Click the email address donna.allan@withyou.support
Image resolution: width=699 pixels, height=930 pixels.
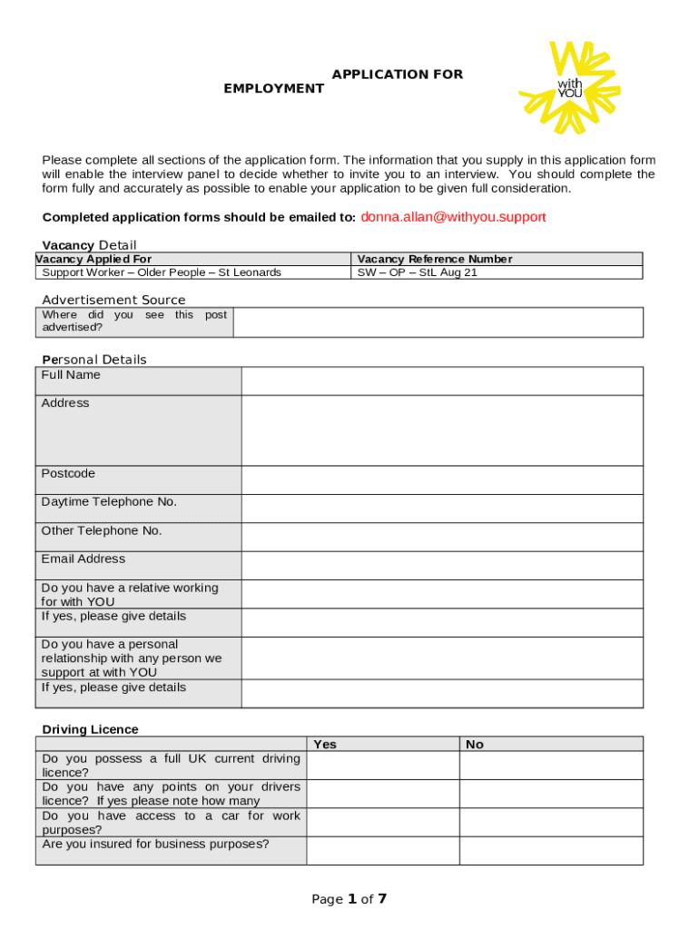pyautogui.click(x=453, y=217)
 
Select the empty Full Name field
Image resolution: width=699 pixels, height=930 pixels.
pyautogui.click(x=441, y=381)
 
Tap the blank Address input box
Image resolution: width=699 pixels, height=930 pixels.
pyautogui.click(x=441, y=430)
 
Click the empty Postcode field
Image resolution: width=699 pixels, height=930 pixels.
pyautogui.click(x=441, y=480)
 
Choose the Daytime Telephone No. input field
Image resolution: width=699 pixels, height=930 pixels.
pyautogui.click(x=441, y=508)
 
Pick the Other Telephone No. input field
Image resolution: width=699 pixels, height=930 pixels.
pyautogui.click(x=441, y=536)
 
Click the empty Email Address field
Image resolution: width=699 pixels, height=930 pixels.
pyautogui.click(x=441, y=564)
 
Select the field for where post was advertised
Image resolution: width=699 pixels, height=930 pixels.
pyautogui.click(x=438, y=322)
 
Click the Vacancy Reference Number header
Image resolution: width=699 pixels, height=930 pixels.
pyautogui.click(x=435, y=259)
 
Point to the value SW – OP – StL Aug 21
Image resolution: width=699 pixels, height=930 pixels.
pyautogui.click(x=417, y=272)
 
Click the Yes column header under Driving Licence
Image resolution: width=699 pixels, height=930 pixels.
pyautogui.click(x=325, y=744)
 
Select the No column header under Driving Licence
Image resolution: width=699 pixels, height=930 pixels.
pyautogui.click(x=475, y=744)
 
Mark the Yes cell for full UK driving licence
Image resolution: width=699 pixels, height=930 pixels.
pyautogui.click(x=382, y=765)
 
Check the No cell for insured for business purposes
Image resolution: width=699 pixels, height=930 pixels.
pyautogui.click(x=550, y=850)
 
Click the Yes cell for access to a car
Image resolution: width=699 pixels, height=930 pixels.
pyautogui.click(x=382, y=822)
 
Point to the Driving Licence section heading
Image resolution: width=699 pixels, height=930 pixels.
pyautogui.click(x=91, y=729)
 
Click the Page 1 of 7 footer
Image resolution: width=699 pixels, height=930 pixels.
pyautogui.click(x=349, y=899)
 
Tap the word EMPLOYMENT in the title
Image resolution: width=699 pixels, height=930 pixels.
pyautogui.click(x=274, y=89)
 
